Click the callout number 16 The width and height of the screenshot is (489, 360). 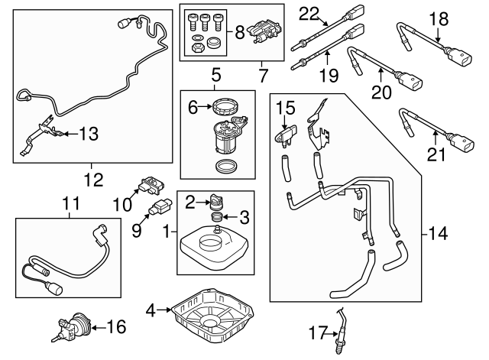point(115,328)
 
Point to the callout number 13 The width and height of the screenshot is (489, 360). point(89,135)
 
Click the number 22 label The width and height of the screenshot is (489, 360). point(308,13)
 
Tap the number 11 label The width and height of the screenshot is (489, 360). point(70,204)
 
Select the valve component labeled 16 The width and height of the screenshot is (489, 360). point(73,328)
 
